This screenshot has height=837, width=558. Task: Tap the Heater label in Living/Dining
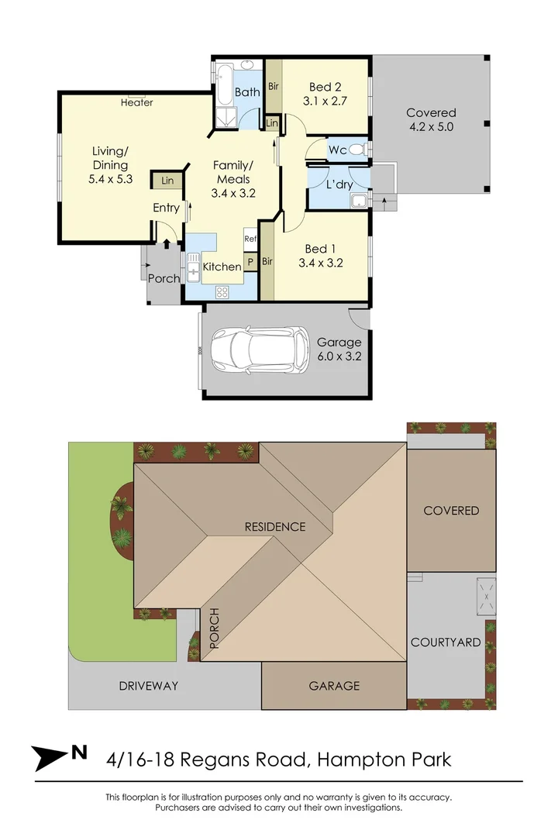(x=137, y=102)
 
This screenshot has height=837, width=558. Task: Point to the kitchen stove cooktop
(x=222, y=292)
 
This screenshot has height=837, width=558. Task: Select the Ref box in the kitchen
(x=250, y=239)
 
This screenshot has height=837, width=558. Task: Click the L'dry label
(x=339, y=185)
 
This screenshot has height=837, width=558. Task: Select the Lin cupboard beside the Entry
(x=167, y=181)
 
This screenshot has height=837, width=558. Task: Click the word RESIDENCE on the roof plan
(x=275, y=527)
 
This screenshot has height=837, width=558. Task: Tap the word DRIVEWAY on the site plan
(x=149, y=686)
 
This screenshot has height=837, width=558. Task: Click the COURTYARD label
(x=446, y=642)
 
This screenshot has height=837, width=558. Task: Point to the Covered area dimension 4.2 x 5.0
(x=430, y=127)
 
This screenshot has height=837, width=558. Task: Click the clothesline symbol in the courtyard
(x=486, y=594)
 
